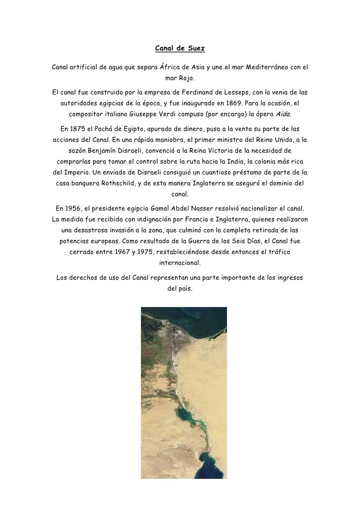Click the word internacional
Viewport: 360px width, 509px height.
point(180,264)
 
